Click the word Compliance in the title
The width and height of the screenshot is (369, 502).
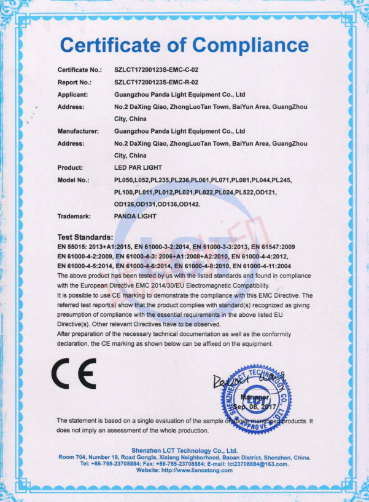[x=250, y=45]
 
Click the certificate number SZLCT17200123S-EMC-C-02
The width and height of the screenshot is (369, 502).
[x=157, y=71]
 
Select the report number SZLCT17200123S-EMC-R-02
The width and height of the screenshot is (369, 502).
[x=157, y=82]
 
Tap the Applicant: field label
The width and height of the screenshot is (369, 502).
[x=73, y=95]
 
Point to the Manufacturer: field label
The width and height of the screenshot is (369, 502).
[x=78, y=131]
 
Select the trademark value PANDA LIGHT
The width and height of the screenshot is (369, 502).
[x=135, y=216]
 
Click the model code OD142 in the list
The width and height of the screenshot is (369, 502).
[x=186, y=204]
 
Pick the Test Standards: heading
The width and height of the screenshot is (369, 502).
[x=85, y=237]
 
